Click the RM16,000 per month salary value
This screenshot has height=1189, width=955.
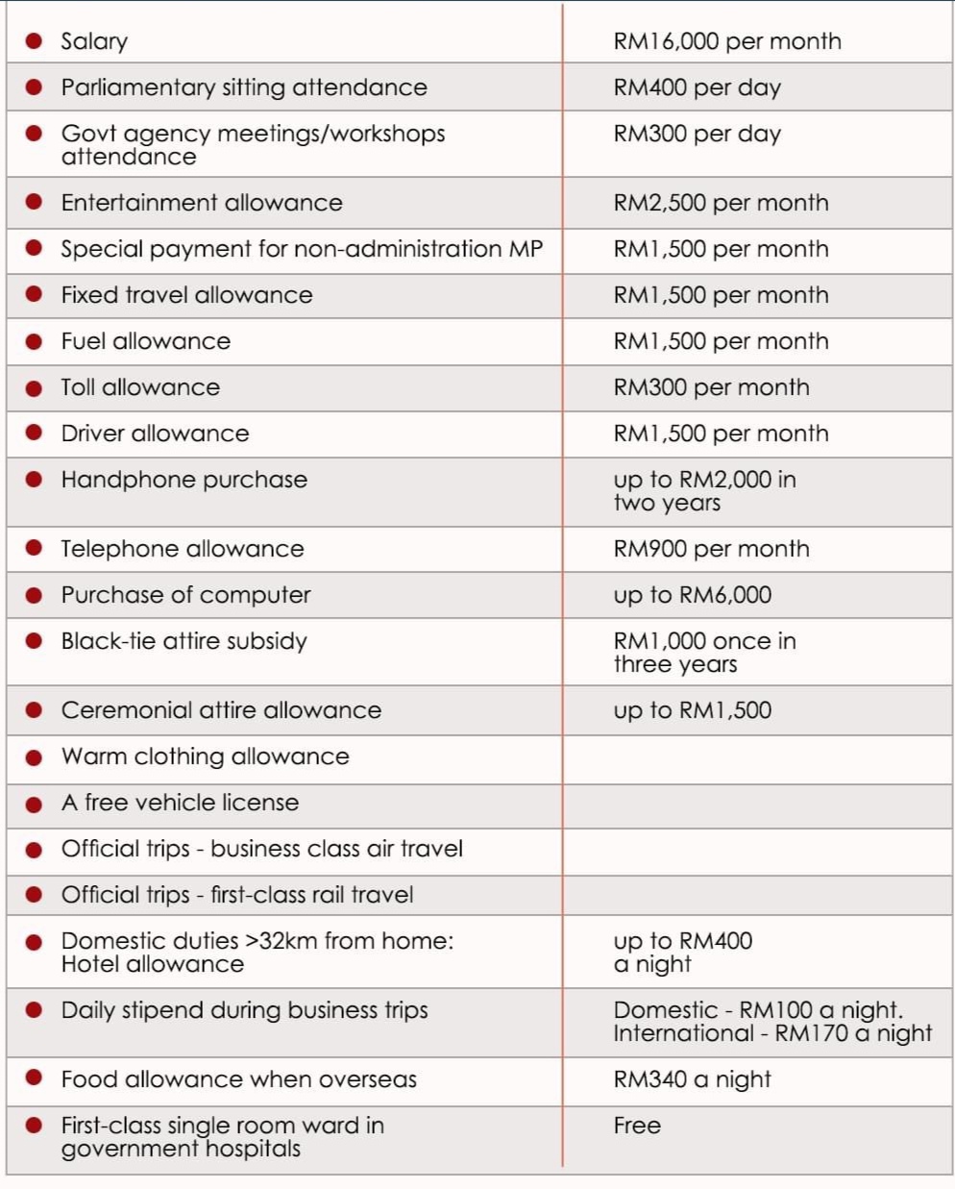pyautogui.click(x=726, y=41)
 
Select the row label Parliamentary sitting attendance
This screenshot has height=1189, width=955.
pyautogui.click(x=244, y=87)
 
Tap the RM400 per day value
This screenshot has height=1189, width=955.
pyautogui.click(x=697, y=87)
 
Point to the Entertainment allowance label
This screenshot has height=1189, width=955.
pyautogui.click(x=202, y=203)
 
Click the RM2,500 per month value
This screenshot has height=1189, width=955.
pyautogui.click(x=721, y=203)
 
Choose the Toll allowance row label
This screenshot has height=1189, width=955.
pyautogui.click(x=140, y=387)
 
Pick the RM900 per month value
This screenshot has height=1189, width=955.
pyautogui.click(x=711, y=549)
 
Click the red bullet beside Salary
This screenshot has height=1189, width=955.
pyautogui.click(x=34, y=40)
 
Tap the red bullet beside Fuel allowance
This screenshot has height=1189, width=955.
pyautogui.click(x=34, y=341)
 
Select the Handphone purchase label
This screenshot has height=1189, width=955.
pyautogui.click(x=184, y=480)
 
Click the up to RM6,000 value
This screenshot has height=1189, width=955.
pyautogui.click(x=692, y=595)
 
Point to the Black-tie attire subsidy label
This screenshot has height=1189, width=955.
pyautogui.click(x=184, y=641)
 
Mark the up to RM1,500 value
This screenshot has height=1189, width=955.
pyautogui.click(x=692, y=710)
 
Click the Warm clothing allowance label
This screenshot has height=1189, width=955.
pyautogui.click(x=205, y=756)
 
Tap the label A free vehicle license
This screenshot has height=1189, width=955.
pyautogui.click(x=180, y=803)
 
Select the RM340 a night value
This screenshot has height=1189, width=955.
pyautogui.click(x=692, y=1079)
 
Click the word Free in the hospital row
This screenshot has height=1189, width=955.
pyautogui.click(x=637, y=1126)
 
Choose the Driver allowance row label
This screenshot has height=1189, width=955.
pyautogui.click(x=155, y=433)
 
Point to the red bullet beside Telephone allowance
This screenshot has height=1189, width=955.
pyautogui.click(x=34, y=548)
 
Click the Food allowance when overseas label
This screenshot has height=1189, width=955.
pyautogui.click(x=238, y=1079)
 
